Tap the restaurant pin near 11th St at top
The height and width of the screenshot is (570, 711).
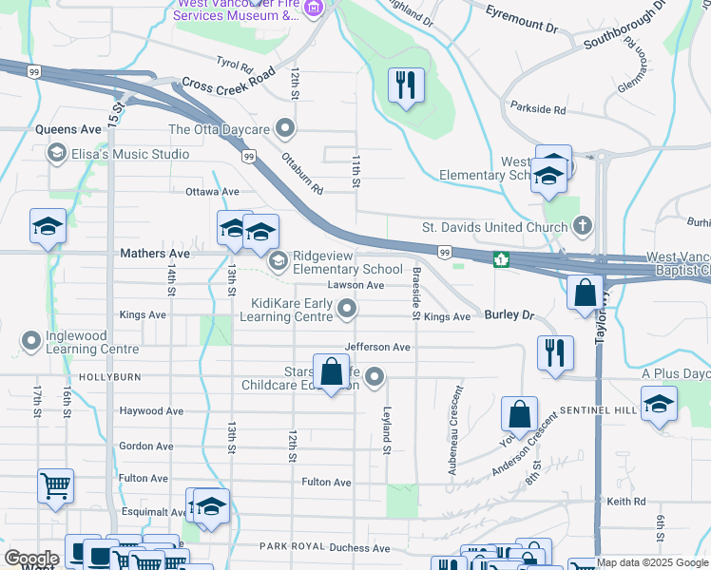(x=406, y=85)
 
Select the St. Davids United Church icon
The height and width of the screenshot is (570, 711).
(x=584, y=227)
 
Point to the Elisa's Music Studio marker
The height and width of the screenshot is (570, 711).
(x=56, y=154)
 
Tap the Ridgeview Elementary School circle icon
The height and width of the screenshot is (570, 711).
(x=279, y=260)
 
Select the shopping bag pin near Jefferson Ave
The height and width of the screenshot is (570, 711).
(x=331, y=372)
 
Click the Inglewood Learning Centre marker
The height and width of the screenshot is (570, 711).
(x=31, y=340)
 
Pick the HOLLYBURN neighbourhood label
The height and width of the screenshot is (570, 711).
(x=113, y=377)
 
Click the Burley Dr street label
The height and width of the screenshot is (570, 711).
(x=509, y=314)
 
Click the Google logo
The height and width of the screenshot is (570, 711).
(x=30, y=559)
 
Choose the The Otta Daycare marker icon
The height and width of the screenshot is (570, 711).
(x=284, y=129)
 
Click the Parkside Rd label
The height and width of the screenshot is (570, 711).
(x=537, y=110)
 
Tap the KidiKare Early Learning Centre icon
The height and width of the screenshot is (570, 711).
(x=349, y=307)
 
